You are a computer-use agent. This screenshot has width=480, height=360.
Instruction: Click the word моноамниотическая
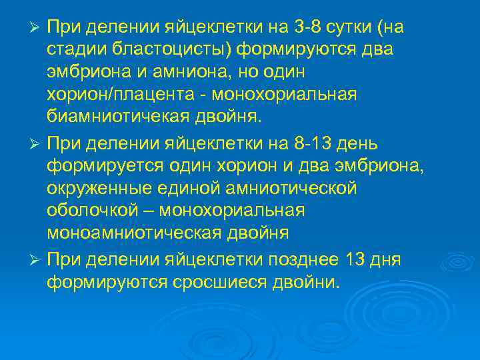coord(133,233)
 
